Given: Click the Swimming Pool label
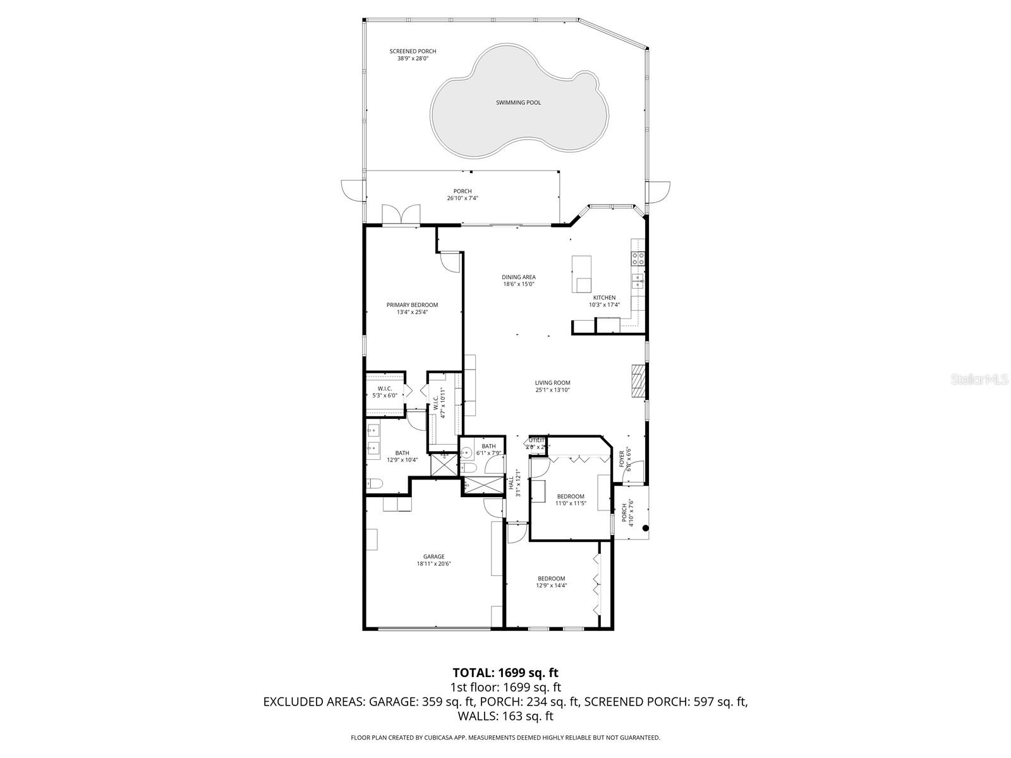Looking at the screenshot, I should pyautogui.click(x=518, y=102).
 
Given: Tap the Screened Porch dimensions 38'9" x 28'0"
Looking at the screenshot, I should pyautogui.click(x=413, y=59).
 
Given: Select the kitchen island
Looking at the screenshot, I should pyautogui.click(x=581, y=274).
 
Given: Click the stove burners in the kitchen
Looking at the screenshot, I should pyautogui.click(x=638, y=258).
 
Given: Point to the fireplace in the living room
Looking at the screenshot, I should pyautogui.click(x=639, y=382).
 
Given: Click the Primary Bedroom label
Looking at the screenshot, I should pyautogui.click(x=412, y=305).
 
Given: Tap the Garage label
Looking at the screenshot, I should pyautogui.click(x=433, y=556).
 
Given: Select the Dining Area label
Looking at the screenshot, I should pyautogui.click(x=519, y=277).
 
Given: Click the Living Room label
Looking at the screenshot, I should pyautogui.click(x=552, y=383).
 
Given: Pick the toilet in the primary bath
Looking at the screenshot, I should pyautogui.click(x=373, y=484).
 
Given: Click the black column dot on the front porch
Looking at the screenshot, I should pyautogui.click(x=645, y=528).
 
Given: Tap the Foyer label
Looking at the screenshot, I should pyautogui.click(x=622, y=458).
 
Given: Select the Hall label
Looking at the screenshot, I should pyautogui.click(x=511, y=483).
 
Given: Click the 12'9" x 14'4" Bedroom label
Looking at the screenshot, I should pyautogui.click(x=551, y=579).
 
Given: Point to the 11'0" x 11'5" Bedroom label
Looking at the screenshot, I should pyautogui.click(x=570, y=496).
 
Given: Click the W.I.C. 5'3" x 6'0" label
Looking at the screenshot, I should pyautogui.click(x=384, y=388).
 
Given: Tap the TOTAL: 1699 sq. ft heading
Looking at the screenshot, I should pyautogui.click(x=505, y=673).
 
